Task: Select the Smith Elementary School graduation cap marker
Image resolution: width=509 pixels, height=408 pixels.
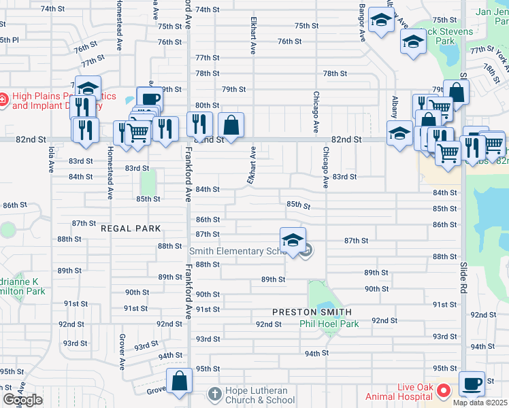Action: pyautogui.click(x=293, y=240)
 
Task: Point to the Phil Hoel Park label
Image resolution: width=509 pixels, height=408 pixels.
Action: pyautogui.click(x=329, y=324)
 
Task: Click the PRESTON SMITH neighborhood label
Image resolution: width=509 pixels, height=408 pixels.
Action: pyautogui.click(x=312, y=312)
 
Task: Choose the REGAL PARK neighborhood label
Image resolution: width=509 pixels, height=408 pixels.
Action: pyautogui.click(x=131, y=229)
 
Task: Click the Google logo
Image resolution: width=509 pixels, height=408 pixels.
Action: pyautogui.click(x=22, y=400)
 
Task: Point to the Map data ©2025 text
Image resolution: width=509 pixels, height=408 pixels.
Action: pyautogui.click(x=480, y=403)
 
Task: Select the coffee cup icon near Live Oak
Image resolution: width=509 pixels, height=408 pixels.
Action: pyautogui.click(x=472, y=384)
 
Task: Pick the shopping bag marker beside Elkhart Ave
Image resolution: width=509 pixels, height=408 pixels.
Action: pyautogui.click(x=231, y=125)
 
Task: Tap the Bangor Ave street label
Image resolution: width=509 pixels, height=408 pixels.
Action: pyautogui.click(x=363, y=24)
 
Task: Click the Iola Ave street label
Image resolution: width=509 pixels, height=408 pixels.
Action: pyautogui.click(x=51, y=158)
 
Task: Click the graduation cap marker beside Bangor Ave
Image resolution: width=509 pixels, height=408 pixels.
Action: pyautogui.click(x=380, y=21)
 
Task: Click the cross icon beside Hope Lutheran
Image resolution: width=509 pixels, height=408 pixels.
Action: pyautogui.click(x=214, y=394)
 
